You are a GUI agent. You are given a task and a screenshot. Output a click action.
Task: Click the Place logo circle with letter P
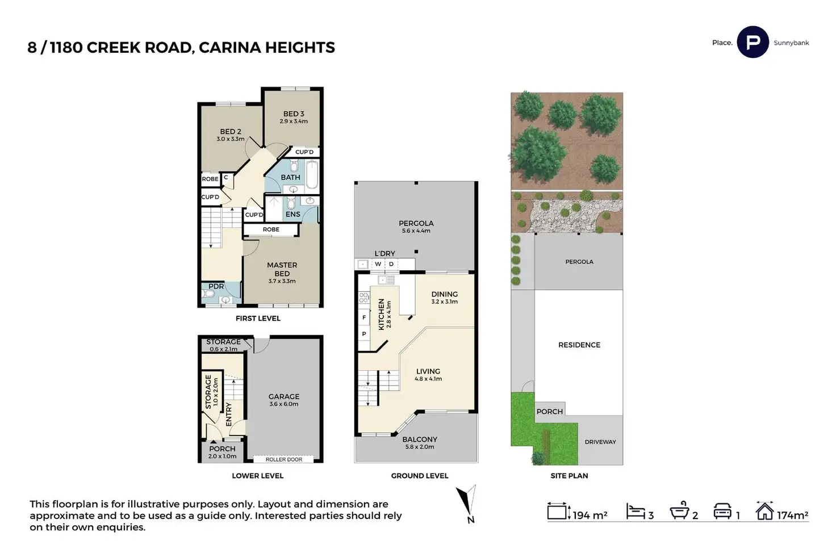pyautogui.click(x=753, y=42)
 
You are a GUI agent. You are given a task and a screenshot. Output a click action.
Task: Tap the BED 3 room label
pyautogui.click(x=294, y=114)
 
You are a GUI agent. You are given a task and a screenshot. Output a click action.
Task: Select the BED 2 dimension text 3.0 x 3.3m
pyautogui.click(x=231, y=139)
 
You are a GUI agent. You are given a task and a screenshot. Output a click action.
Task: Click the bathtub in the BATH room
pyautogui.click(x=311, y=174)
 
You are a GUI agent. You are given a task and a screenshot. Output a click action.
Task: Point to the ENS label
pyautogui.click(x=293, y=215)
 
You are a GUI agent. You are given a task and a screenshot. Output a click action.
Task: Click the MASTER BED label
pyautogui.click(x=282, y=269)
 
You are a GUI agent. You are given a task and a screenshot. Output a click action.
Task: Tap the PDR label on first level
pyautogui.click(x=216, y=287)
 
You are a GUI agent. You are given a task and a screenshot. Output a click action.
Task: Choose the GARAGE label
pyautogui.click(x=284, y=396)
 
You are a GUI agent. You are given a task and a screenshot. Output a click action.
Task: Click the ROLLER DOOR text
pyautogui.click(x=284, y=459)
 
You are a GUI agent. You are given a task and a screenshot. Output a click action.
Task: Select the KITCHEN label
pyautogui.click(x=381, y=315)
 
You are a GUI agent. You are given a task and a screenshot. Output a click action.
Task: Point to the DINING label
pyautogui.click(x=444, y=294)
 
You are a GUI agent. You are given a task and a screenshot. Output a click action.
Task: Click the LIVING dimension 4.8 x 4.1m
pyautogui.click(x=428, y=379)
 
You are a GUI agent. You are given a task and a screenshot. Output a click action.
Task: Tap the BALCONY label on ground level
pyautogui.click(x=420, y=439)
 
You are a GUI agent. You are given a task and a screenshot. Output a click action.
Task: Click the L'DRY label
pyautogui.click(x=384, y=253)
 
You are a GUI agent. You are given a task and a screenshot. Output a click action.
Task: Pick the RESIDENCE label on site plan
pyautogui.click(x=579, y=345)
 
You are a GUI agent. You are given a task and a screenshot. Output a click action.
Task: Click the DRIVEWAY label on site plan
pyautogui.click(x=600, y=442)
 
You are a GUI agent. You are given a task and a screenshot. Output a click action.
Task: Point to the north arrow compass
pyautogui.click(x=467, y=502)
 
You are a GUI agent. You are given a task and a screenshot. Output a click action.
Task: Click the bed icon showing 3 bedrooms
pyautogui.click(x=635, y=512)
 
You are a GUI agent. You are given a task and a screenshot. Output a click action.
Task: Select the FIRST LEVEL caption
pyautogui.click(x=258, y=319)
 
